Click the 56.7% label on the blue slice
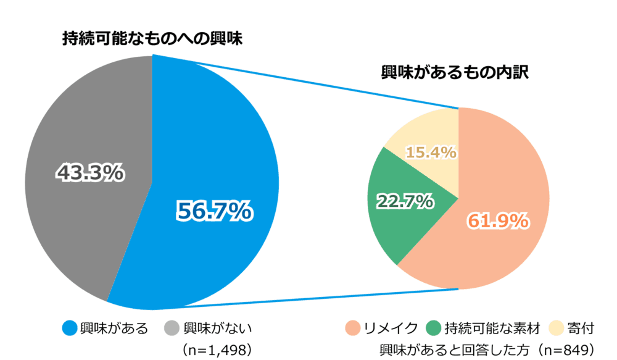click(x=213, y=212)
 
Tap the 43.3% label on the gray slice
click(x=90, y=174)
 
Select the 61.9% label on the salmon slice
click(x=498, y=220)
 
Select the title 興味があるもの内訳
click(x=457, y=73)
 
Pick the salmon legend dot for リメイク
click(x=354, y=328)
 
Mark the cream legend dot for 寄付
click(x=557, y=328)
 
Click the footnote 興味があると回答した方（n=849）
click(x=487, y=350)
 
